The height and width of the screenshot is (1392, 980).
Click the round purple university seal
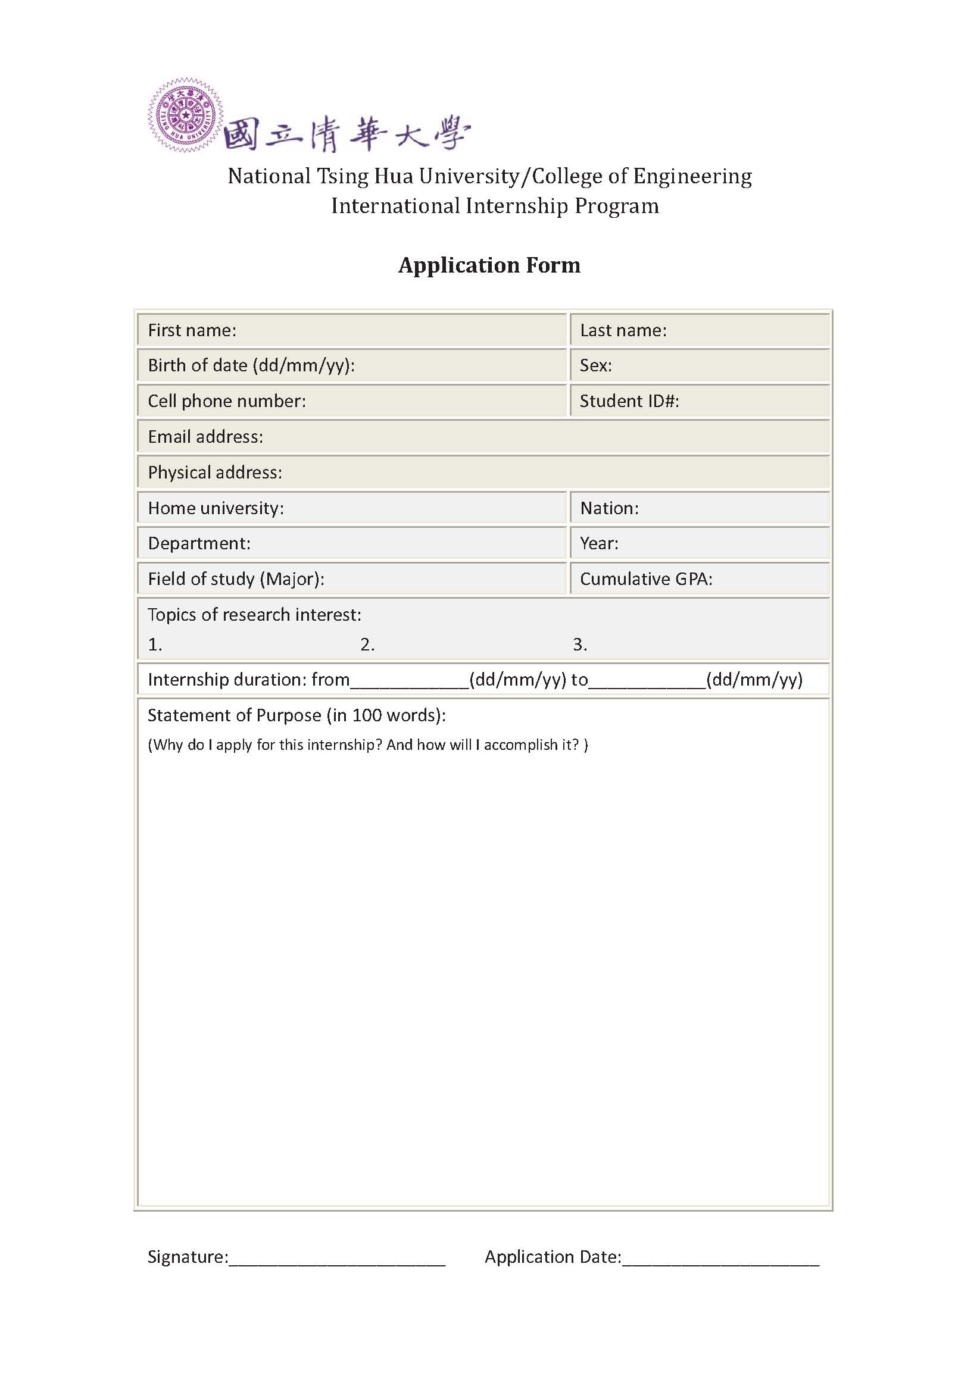coord(185,115)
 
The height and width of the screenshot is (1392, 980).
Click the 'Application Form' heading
coord(489,265)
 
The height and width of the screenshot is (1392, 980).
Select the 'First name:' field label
coord(192,330)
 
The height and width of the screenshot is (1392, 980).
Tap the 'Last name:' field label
coord(623,330)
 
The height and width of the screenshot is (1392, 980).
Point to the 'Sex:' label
coord(595,365)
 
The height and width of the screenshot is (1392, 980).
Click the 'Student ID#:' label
coord(629,401)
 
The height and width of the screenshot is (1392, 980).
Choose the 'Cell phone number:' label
coord(226,401)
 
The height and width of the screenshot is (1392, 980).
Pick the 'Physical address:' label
coord(215,473)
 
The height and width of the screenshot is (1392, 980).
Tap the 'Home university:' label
coord(216,508)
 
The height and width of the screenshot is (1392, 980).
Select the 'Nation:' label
coord(609,508)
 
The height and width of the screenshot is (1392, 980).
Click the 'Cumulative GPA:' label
coord(646,579)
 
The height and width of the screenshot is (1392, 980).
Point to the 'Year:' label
coord(598,543)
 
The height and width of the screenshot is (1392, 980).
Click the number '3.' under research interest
coord(580,645)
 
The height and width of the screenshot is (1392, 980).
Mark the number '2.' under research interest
coord(367,645)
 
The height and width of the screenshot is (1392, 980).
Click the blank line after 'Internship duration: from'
coord(410,681)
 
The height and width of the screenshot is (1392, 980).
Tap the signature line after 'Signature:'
coord(337,1258)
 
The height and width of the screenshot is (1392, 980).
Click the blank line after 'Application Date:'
coord(720,1258)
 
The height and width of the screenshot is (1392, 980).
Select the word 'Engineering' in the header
coord(692,176)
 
